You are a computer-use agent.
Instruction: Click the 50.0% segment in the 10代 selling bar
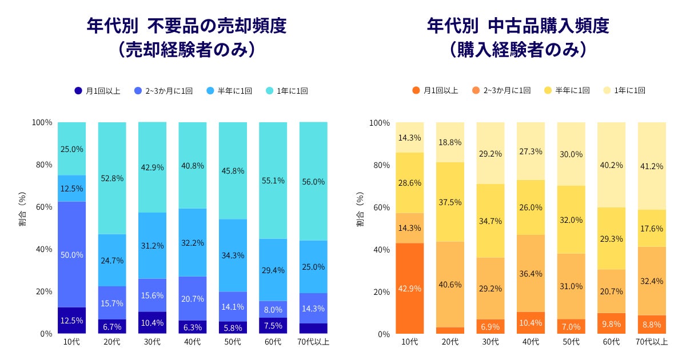pyautogui.click(x=72, y=254)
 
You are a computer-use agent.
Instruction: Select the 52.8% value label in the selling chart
pyautogui.click(x=112, y=178)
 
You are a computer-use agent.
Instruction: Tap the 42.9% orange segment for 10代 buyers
pyautogui.click(x=410, y=289)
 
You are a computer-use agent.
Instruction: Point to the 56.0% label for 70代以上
pyautogui.click(x=313, y=182)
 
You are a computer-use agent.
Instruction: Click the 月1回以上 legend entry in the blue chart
pyautogui.click(x=97, y=91)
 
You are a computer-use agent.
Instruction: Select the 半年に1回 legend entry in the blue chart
pyautogui.click(x=229, y=91)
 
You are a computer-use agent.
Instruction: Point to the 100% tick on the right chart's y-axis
pyautogui.click(x=380, y=123)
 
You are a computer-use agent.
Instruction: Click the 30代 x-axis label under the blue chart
pyautogui.click(x=152, y=342)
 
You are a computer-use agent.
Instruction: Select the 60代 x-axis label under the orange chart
pyautogui.click(x=611, y=342)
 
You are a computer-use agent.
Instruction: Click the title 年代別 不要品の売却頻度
pyautogui.click(x=186, y=26)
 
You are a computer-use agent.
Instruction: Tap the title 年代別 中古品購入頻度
pyautogui.click(x=518, y=26)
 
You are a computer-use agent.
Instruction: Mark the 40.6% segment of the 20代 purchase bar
pyautogui.click(x=450, y=285)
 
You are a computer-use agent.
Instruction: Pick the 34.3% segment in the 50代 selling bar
pyautogui.click(x=233, y=255)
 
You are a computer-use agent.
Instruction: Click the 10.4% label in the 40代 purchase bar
pyautogui.click(x=531, y=323)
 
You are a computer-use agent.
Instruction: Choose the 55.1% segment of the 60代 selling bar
pyautogui.click(x=273, y=181)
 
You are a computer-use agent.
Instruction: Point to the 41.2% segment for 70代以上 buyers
pyautogui.click(x=651, y=166)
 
